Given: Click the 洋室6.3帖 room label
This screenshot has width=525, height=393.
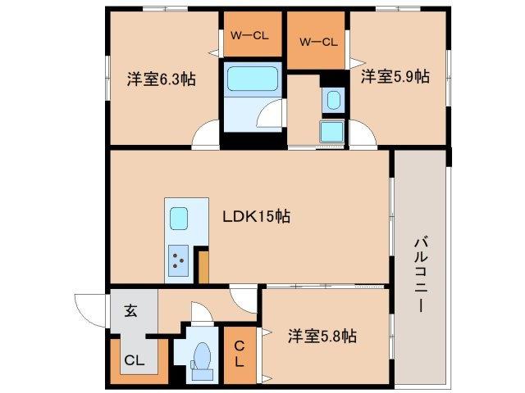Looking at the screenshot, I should pyautogui.click(x=161, y=80).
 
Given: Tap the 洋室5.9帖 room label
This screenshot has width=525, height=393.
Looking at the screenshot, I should pyautogui.click(x=395, y=76).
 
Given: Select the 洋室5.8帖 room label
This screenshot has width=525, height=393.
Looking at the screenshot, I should pyautogui.click(x=322, y=336).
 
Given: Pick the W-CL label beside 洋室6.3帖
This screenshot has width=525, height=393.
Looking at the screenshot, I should pyautogui.click(x=249, y=35).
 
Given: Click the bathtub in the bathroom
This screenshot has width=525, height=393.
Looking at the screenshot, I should pyautogui.click(x=253, y=79).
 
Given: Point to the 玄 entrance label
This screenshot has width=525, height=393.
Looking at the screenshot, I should pyautogui.click(x=130, y=310).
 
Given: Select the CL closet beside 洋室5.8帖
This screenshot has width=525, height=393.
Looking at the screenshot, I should pyautogui.click(x=240, y=355).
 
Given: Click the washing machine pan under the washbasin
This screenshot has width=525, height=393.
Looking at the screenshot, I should pyautogui.click(x=331, y=130).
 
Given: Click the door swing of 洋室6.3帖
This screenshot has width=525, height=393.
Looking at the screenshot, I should pyautogui.click(x=206, y=135).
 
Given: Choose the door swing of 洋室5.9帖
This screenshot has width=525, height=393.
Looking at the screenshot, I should pyautogui.click(x=363, y=135).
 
